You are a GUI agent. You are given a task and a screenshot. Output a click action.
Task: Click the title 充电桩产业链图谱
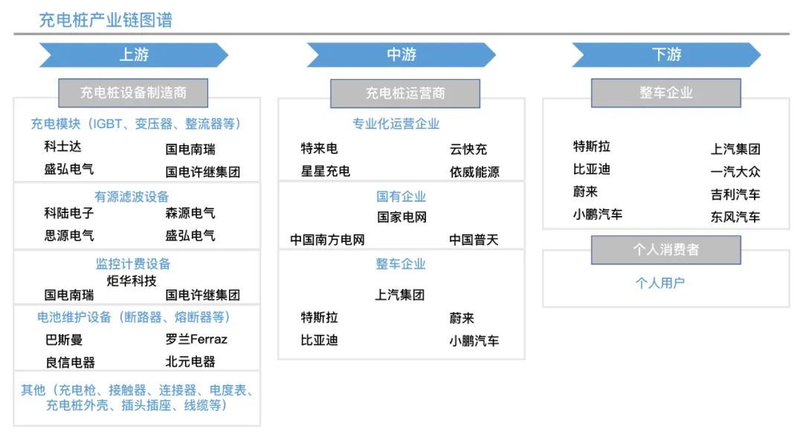point(106,20)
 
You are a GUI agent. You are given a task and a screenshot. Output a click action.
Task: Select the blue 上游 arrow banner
point(134,55)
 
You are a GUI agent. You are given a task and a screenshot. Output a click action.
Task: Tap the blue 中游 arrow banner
point(401,55)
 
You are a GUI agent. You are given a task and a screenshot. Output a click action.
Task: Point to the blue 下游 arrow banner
point(666,55)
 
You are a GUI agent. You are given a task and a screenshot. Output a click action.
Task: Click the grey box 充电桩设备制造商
point(133,93)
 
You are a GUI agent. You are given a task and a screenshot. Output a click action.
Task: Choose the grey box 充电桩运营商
point(405,93)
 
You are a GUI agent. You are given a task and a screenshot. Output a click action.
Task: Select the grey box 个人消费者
point(665,249)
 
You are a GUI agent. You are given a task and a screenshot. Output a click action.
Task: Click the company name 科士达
point(62,147)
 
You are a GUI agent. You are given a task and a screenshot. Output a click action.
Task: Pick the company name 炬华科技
point(132,281)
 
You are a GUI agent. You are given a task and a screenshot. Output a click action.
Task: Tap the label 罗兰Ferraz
point(196,340)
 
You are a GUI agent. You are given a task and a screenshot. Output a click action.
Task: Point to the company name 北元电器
point(190,362)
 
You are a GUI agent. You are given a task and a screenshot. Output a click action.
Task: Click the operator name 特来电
point(319,149)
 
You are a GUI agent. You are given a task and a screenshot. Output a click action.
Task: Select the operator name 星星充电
point(325,171)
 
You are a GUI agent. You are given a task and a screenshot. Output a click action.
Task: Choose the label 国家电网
point(402,217)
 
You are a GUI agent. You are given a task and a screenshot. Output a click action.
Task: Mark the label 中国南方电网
point(327,240)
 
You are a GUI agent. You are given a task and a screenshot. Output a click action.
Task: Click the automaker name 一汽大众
point(735,172)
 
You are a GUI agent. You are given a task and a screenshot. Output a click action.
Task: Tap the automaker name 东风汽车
point(735,217)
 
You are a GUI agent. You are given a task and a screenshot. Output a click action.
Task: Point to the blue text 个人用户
point(660,283)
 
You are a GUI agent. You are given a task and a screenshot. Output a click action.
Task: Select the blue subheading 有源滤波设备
point(132,197)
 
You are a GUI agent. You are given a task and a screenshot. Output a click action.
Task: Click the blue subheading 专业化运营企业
point(396,124)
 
